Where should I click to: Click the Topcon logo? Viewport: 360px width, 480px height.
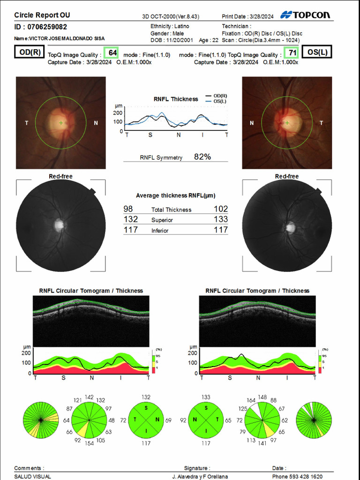click(305, 15)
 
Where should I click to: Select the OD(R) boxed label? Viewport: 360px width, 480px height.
click(29, 52)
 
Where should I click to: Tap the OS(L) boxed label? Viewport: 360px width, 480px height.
click(317, 52)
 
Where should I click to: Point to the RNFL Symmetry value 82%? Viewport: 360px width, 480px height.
click(202, 157)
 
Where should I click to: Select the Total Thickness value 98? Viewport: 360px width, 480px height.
click(128, 209)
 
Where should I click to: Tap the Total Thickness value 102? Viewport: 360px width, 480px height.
click(221, 209)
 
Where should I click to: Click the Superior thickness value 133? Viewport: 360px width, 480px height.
click(221, 219)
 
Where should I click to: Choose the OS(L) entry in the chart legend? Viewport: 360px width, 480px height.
click(219, 101)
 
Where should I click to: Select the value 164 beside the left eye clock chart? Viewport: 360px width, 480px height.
click(251, 401)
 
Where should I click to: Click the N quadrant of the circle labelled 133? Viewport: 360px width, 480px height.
click(195, 420)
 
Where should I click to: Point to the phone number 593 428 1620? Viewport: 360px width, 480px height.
click(304, 476)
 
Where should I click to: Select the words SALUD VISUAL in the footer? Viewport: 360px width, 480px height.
click(33, 476)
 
